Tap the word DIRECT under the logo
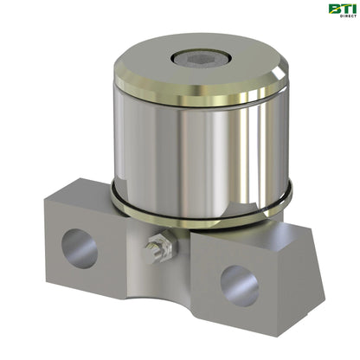click(x=338, y=22)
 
